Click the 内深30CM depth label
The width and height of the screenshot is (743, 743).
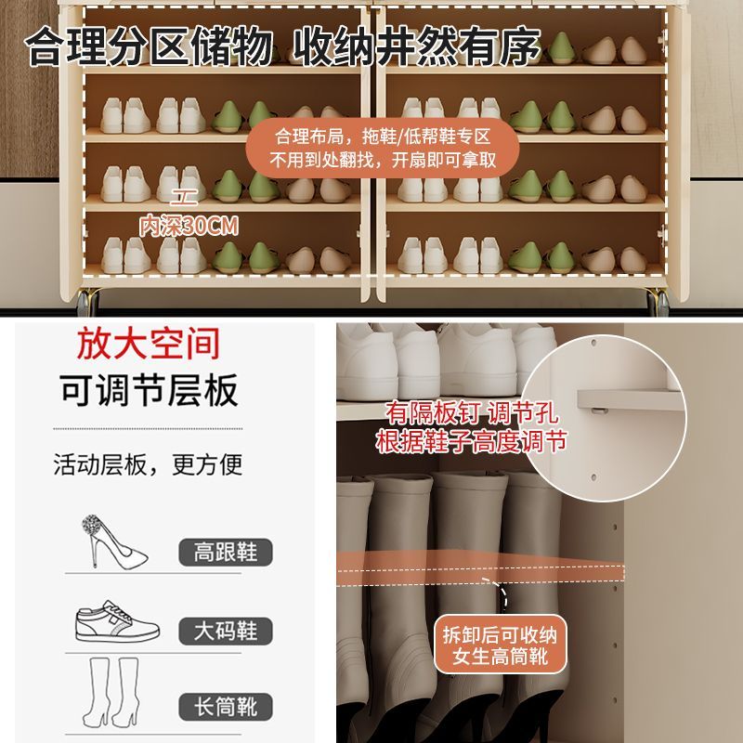189,226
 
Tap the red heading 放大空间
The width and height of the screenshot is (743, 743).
149,344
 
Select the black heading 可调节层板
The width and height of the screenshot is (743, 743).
149,390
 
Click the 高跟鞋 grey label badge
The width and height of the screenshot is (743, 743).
226,552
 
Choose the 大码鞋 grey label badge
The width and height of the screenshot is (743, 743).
226,631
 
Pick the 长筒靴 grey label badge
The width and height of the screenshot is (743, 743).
226,707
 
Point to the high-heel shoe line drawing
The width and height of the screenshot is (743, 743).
113,541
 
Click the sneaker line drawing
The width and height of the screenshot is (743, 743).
117,621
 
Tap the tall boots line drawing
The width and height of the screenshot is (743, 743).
111,692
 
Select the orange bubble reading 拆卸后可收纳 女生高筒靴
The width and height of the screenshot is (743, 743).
501,645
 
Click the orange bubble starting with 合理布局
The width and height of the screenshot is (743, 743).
383,149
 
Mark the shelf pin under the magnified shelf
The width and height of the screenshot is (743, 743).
599,411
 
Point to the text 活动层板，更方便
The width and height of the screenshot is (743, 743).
148,464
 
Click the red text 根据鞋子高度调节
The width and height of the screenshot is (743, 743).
472,441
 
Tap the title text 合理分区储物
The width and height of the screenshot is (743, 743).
149,46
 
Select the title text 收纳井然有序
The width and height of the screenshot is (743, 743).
416,46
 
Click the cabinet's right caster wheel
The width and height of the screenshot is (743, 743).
658,301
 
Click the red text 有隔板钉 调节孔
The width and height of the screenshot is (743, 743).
472,412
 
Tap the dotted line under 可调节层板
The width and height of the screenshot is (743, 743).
148,428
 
